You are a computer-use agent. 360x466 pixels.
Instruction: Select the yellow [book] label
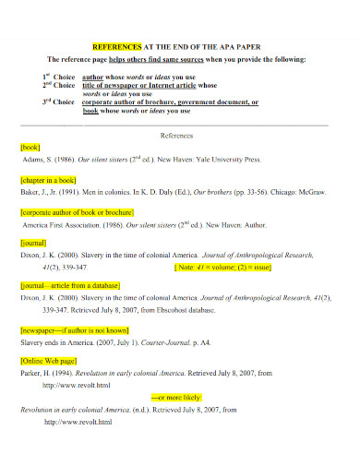point(30,146)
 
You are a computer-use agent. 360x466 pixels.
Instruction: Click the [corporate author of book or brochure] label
point(78,211)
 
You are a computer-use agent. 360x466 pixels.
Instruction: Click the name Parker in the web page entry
point(31,375)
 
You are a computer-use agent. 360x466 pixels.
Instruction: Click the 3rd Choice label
point(56,101)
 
